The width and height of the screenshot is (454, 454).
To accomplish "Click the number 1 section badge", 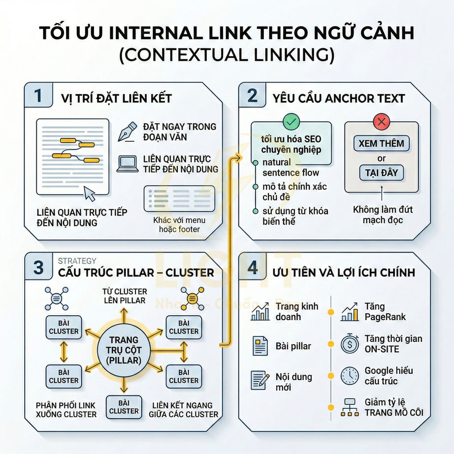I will (x=38, y=96).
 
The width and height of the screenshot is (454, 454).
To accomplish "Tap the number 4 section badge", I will (x=253, y=268).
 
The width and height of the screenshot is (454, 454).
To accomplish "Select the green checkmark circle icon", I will (x=291, y=121).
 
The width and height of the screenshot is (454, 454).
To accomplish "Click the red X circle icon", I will (x=381, y=121).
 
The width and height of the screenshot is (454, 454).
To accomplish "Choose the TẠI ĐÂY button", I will (x=381, y=173).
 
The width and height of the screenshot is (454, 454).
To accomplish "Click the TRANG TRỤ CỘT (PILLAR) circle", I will (x=124, y=350).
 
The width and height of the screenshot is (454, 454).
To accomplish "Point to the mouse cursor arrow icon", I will (x=90, y=194).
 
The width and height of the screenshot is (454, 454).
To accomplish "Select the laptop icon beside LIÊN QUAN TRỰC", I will (x=127, y=164).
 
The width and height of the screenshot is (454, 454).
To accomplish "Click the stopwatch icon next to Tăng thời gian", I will (x=350, y=344).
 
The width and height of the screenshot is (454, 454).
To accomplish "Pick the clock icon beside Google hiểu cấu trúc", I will (x=350, y=376).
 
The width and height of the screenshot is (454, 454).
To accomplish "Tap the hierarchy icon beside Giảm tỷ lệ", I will (x=350, y=407).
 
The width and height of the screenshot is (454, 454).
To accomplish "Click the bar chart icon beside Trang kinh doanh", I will (x=259, y=312).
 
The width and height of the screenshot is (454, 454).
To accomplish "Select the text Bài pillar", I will (x=293, y=346).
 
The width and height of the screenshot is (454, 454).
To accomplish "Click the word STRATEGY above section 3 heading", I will (x=77, y=261).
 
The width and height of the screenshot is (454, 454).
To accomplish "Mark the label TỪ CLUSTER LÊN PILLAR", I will (x=124, y=296).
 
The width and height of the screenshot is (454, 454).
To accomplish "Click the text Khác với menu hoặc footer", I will (x=179, y=225).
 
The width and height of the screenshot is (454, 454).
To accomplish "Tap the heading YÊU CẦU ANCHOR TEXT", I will (x=339, y=97).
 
